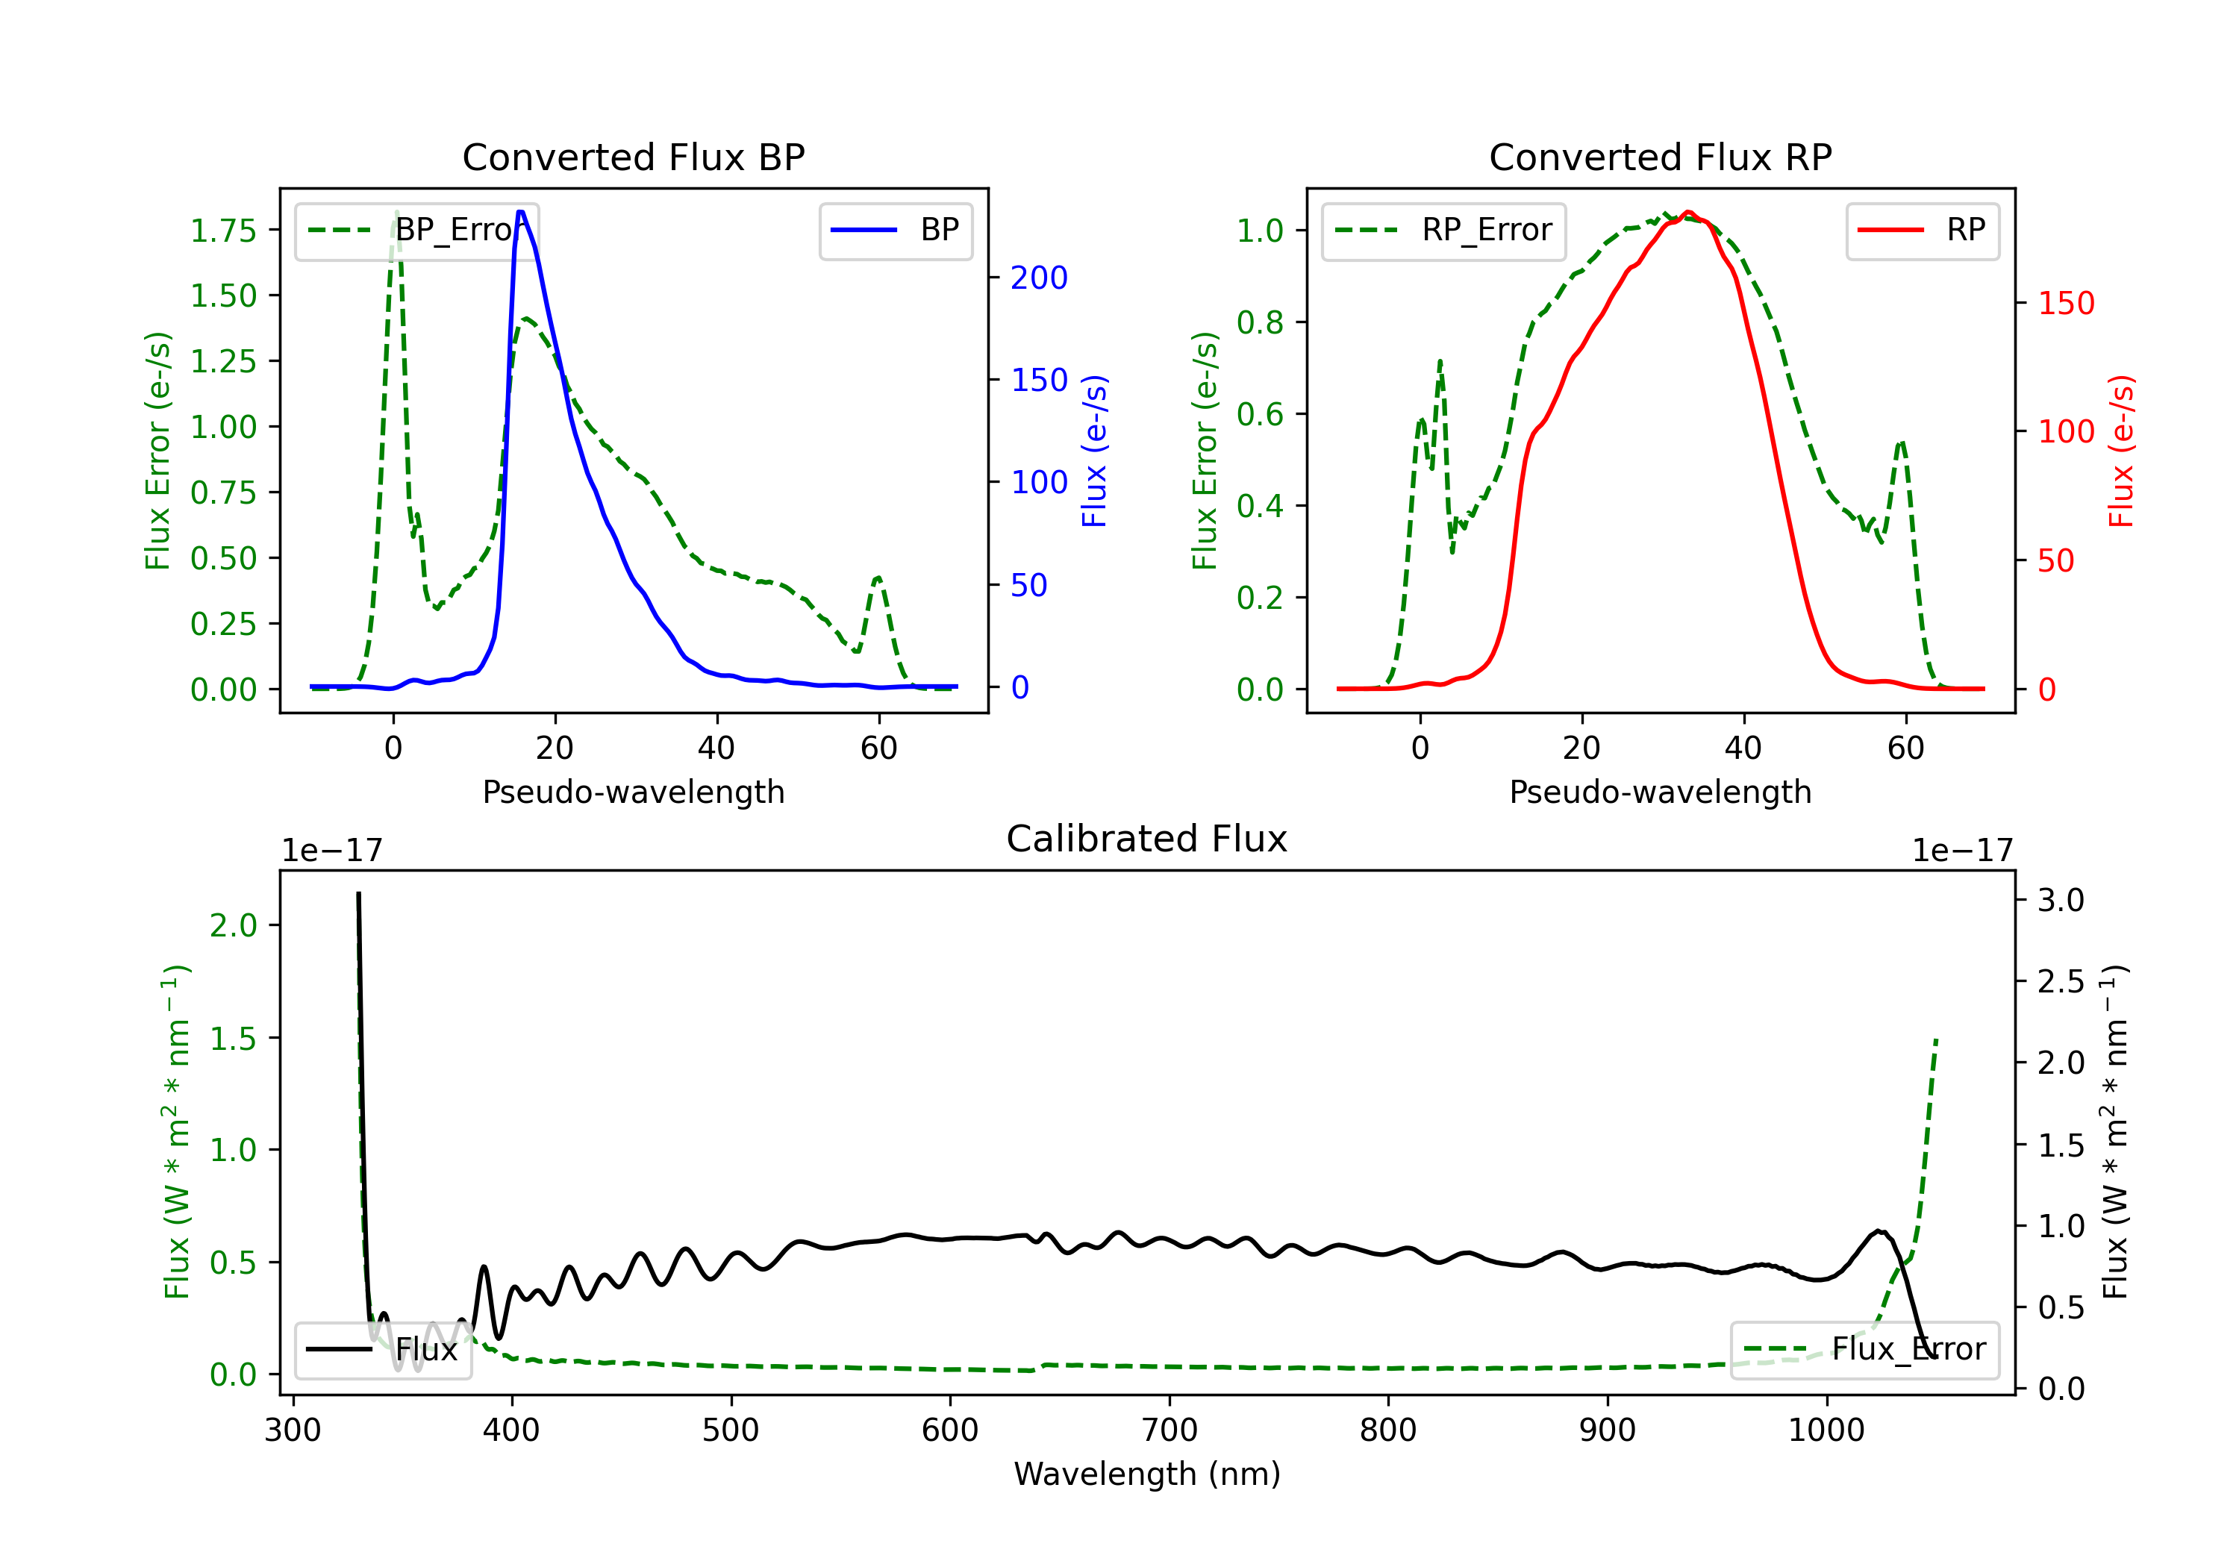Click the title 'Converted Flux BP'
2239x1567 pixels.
(633, 157)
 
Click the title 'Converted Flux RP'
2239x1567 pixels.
(1660, 157)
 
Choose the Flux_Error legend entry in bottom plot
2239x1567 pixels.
(1864, 1350)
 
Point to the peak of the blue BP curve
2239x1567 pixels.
(521, 212)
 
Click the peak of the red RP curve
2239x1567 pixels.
(1688, 213)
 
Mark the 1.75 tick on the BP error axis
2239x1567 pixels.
(223, 231)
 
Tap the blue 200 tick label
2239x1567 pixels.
(1039, 278)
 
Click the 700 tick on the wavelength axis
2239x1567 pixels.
(1168, 1430)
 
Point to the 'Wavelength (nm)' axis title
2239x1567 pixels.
(1147, 1474)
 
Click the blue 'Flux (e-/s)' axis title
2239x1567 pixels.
(1094, 451)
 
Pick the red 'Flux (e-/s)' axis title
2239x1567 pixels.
(2121, 451)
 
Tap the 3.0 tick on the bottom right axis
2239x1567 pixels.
(2060, 900)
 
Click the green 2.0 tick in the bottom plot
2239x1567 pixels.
(233, 925)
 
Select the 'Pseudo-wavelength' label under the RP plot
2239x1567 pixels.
(1660, 792)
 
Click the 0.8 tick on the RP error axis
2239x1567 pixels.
(1259, 323)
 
